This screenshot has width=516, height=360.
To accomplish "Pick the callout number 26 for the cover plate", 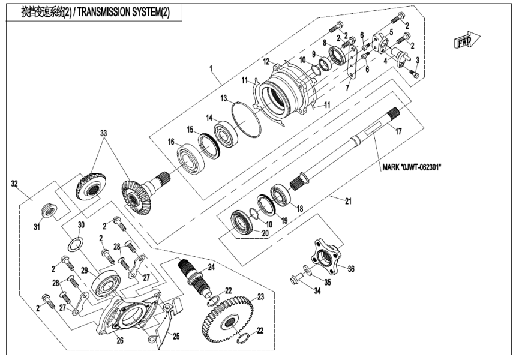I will [x=120, y=340].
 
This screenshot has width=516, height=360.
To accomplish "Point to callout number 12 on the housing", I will [x=266, y=61].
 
